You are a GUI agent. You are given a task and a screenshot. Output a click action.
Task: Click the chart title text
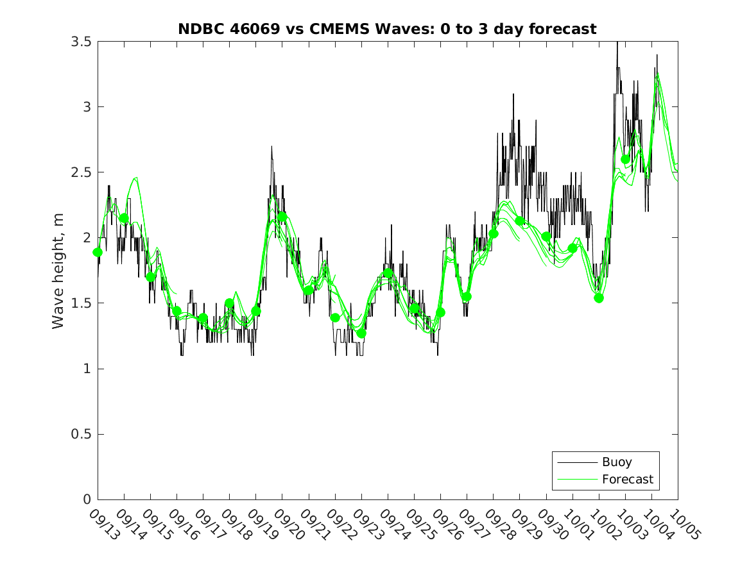coord(387,29)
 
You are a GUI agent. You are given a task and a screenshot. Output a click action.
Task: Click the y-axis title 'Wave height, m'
coord(58,270)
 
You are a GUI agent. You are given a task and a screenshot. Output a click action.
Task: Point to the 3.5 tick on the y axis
coord(81,42)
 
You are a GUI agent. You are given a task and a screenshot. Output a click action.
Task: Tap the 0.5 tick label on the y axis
coord(81,434)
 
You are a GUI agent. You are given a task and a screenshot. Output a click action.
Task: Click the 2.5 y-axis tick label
coord(81,172)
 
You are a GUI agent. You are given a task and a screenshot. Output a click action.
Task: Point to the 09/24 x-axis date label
coord(392,524)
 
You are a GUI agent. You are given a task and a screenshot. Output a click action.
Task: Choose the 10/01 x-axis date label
coord(576,524)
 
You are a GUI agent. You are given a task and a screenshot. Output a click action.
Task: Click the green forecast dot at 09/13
coord(98,252)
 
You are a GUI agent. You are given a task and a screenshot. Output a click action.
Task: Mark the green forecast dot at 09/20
coord(282,217)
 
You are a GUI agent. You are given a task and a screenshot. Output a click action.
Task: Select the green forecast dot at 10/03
coord(626,159)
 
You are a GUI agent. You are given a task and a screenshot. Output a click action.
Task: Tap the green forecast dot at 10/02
coord(599,297)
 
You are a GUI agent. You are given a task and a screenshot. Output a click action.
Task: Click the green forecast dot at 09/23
coord(361,333)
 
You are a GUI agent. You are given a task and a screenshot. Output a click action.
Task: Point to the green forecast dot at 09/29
coord(520,221)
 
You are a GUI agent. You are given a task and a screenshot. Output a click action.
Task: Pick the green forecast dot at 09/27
coord(467,297)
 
